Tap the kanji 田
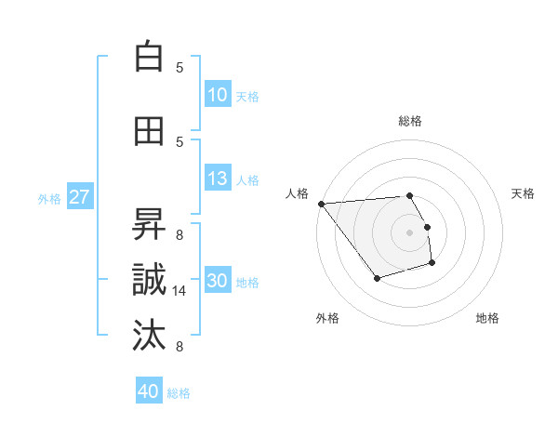pyautogui.click(x=149, y=131)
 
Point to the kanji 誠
pyautogui.click(x=149, y=279)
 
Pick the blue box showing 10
pyautogui.click(x=218, y=95)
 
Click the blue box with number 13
pyautogui.click(x=218, y=179)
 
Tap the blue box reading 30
pyautogui.click(x=218, y=281)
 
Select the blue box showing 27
pyautogui.click(x=80, y=197)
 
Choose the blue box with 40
pyautogui.click(x=149, y=391)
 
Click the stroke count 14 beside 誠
pyautogui.click(x=180, y=291)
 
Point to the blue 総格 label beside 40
pyautogui.click(x=179, y=393)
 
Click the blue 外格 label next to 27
pyautogui.click(x=49, y=198)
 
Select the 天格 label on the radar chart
pyautogui.click(x=523, y=193)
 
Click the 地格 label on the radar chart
pyautogui.click(x=487, y=318)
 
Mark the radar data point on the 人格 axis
pyautogui.click(x=320, y=204)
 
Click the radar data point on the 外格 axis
pyautogui.click(x=377, y=278)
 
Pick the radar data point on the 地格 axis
pyautogui.click(x=432, y=264)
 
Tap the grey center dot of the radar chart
pyautogui.click(x=410, y=232)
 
